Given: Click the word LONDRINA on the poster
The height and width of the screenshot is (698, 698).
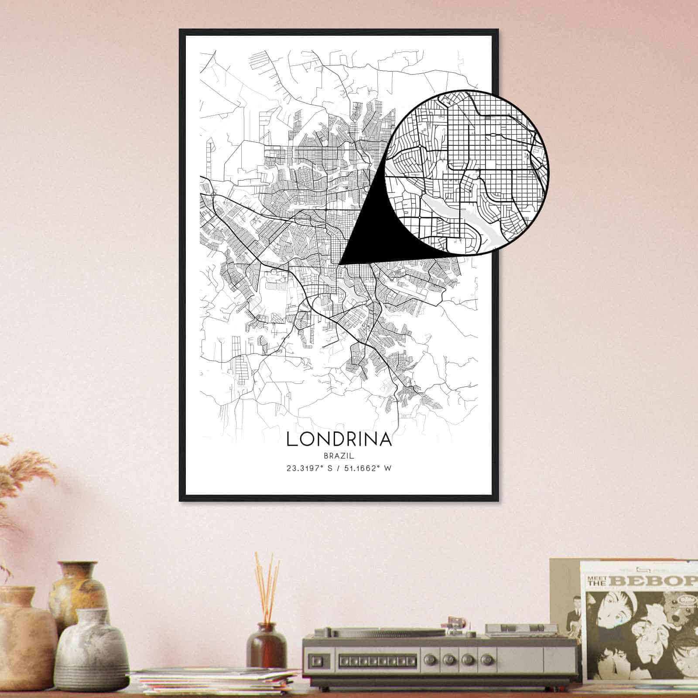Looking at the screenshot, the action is [x=339, y=439].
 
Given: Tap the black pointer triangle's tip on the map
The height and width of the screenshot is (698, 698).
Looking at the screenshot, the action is [x=340, y=263].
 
